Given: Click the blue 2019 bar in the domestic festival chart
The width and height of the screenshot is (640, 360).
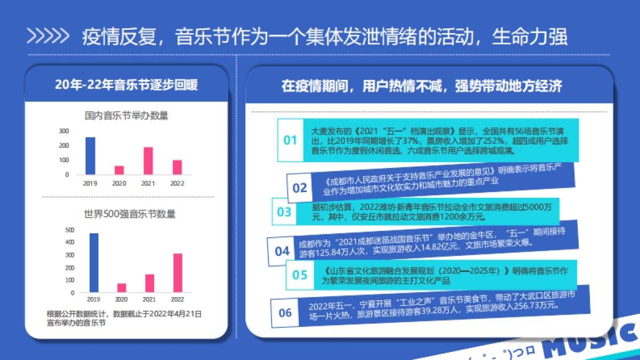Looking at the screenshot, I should coord(91,156).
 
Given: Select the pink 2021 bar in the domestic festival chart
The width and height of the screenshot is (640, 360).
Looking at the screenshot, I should coord(148,161).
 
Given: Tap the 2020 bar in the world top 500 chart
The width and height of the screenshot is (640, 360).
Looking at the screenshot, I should coord(122,288).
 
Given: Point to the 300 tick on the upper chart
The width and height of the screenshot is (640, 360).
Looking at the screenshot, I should coord(64,131).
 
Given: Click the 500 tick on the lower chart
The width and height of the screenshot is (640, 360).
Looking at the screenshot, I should coord(70,230).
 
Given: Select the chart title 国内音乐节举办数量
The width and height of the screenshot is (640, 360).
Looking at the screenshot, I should coord(126,115).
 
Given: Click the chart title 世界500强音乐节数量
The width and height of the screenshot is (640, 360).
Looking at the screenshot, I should coord(130,214).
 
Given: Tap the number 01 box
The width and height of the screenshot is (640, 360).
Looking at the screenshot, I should coord(290,140).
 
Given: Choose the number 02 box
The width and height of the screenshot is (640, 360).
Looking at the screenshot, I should coord(300,188).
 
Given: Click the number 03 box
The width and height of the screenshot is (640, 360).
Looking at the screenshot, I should coord(284,212).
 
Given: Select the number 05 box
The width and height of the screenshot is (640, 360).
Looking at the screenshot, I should coord(300,275).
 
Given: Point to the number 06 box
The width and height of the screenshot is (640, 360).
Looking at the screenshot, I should coord(285,313).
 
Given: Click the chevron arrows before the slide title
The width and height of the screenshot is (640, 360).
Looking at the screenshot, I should coord(48,36).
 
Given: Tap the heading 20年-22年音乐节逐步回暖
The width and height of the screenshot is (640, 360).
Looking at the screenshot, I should coord(126,85).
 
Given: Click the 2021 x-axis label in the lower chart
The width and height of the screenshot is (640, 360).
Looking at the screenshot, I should coord(149,300).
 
